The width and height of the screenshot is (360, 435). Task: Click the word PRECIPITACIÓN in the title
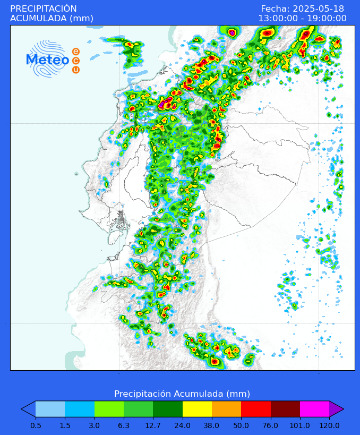44,8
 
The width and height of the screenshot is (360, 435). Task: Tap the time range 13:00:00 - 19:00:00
302,18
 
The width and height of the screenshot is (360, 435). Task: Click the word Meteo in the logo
47,60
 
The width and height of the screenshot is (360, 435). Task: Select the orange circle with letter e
76,52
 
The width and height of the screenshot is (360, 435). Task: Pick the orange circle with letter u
76,70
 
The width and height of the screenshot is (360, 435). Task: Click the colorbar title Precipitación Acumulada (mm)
182,394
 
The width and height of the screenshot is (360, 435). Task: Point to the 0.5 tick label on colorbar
36,425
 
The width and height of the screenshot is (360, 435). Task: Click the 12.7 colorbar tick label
153,425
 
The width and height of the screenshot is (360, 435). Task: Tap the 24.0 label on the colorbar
183,425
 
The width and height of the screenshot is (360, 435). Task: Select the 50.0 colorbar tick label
241,425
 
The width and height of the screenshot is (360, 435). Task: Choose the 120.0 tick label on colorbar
329,425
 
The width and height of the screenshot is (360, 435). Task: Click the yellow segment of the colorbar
197,409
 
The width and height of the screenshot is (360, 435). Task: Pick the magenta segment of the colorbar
314,409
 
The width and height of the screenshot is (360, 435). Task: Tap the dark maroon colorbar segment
285,409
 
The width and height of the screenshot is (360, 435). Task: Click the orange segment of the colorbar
226,409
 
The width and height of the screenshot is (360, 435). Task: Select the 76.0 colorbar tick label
271,425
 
